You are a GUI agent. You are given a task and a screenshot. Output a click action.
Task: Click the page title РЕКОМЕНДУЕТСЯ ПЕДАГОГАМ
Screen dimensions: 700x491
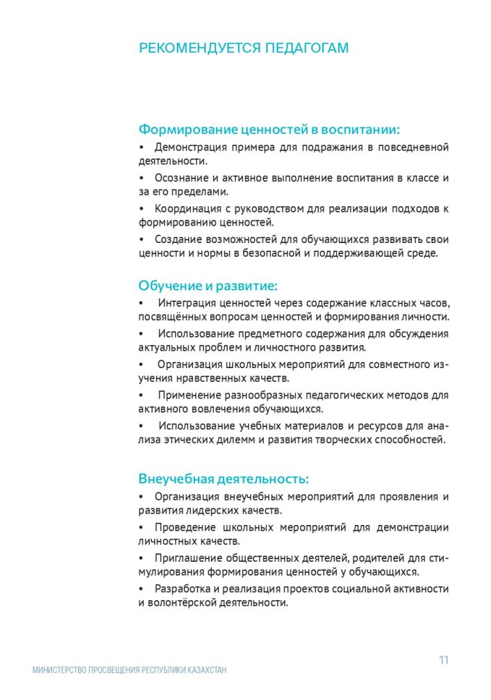click(x=244, y=48)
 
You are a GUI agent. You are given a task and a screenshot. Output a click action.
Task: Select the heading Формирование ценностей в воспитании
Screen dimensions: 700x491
click(x=269, y=129)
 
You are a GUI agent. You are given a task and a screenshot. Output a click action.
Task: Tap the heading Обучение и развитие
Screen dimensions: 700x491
click(x=208, y=285)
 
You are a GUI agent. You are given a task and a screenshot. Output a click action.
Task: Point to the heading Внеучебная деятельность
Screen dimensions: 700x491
click(x=224, y=479)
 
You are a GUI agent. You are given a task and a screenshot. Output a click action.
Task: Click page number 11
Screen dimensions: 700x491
click(x=443, y=660)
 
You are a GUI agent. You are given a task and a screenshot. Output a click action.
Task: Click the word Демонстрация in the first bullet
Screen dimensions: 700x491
click(x=189, y=147)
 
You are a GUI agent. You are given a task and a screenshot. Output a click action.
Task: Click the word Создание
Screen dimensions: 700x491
click(x=177, y=239)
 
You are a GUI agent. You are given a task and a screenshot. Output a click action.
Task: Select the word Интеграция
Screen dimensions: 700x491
click(x=187, y=303)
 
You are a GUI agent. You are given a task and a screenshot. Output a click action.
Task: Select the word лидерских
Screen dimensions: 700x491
click(x=208, y=510)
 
